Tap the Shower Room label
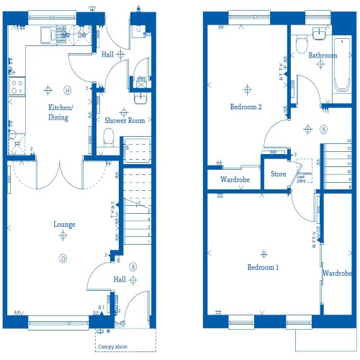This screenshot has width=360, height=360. point(125,120)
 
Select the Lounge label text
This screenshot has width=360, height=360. point(64,224)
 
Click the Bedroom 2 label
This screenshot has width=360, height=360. point(246,107)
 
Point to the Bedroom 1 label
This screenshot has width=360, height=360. point(263,267)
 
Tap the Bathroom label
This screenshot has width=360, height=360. point(323,55)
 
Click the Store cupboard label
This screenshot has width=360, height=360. point(278,174)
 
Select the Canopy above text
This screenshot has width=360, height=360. point(117,346)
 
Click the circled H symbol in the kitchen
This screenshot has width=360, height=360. point(67,90)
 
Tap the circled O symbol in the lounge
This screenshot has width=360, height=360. point(63,258)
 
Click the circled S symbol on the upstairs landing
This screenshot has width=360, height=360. point(323,129)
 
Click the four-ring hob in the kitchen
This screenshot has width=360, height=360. point(15,89)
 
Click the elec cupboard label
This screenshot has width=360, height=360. point(141,78)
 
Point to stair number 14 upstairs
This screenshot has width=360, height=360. point(348,142)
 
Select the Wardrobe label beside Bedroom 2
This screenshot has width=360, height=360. point(235,179)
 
